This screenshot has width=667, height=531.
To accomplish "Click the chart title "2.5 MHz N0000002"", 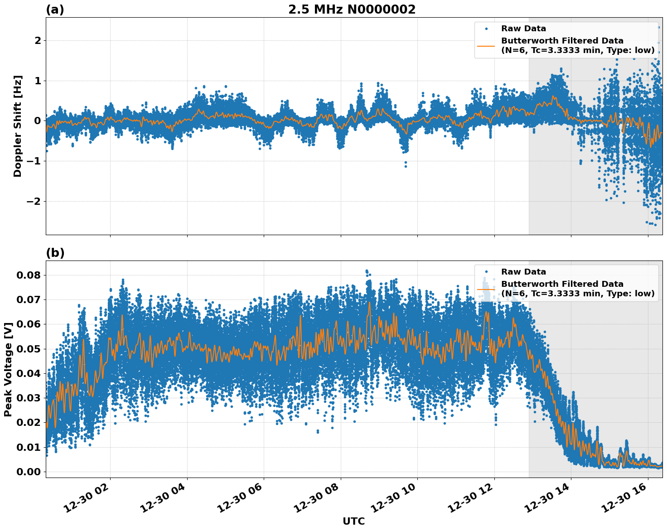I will point(352,10).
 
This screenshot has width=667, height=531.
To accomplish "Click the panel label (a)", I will point(55,10).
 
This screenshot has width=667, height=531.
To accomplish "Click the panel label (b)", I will point(55,253).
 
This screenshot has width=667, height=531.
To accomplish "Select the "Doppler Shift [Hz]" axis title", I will point(18,126).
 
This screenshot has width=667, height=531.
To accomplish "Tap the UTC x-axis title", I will point(353,521).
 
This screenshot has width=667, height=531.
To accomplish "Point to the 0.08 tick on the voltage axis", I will point(29,275).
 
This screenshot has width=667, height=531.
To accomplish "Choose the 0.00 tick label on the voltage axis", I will point(29,472).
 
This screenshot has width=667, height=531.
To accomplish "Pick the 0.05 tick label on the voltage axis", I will point(29,349).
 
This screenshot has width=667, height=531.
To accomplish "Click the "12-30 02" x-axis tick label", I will point(88,499).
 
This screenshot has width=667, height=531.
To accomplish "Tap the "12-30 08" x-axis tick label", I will point(319,499).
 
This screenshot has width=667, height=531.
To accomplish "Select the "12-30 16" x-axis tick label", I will point(626,499).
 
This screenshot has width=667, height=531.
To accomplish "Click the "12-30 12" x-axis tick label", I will point(473,499).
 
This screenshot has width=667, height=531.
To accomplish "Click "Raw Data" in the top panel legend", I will point(523,29).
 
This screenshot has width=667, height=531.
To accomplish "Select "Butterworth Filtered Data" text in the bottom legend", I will point(562,284).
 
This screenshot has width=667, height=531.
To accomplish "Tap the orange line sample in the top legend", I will point(486,46).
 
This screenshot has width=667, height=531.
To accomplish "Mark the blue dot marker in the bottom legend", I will point(486,272).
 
